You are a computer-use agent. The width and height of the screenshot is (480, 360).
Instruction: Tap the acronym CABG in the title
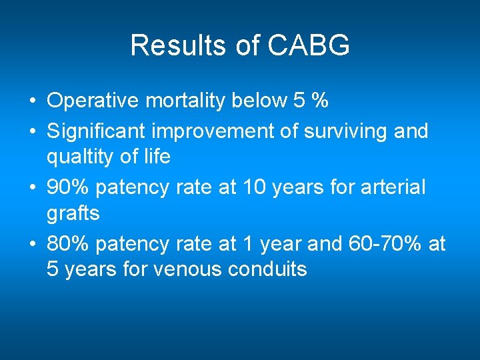coord(309,46)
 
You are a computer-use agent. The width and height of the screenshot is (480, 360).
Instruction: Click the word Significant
coord(90,131)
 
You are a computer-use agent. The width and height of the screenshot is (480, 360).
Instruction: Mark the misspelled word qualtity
coord(79,157)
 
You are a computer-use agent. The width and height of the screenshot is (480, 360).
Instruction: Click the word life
coord(158,157)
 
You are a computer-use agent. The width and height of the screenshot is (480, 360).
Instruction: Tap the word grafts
coord(73,213)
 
